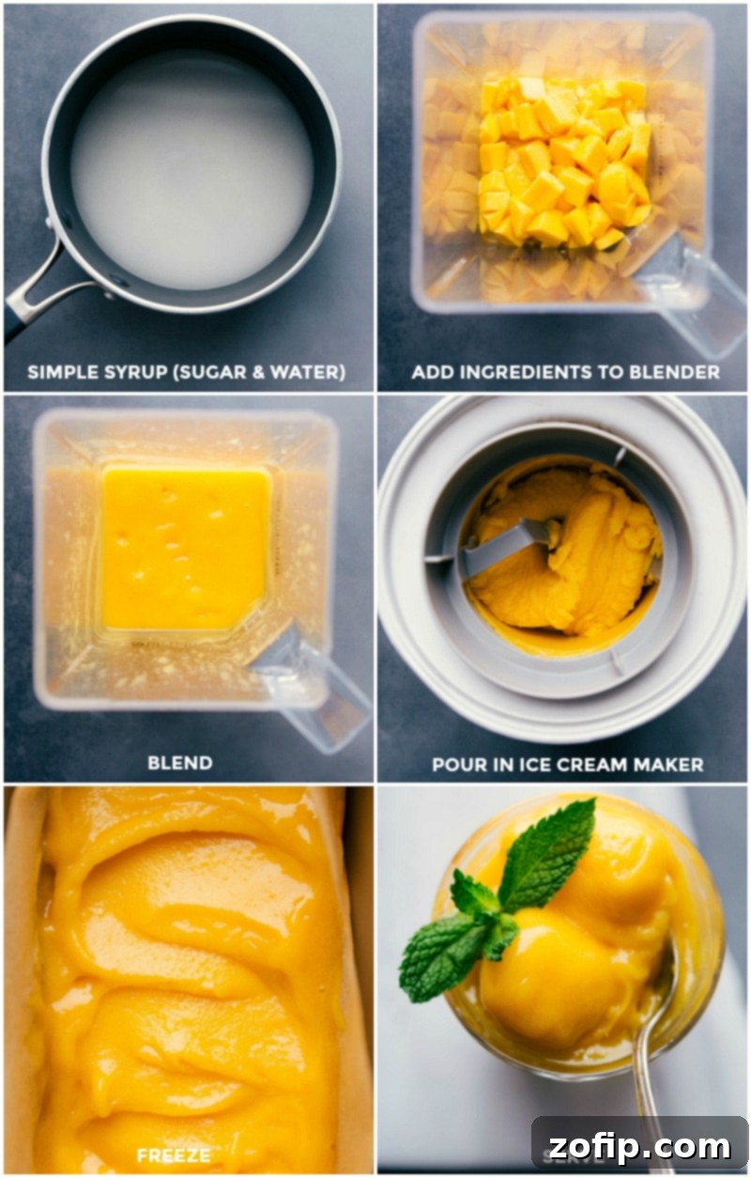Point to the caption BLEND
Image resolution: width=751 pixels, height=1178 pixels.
pyautogui.click(x=179, y=763)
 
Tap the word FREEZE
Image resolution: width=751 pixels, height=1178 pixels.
pyautogui.click(x=174, y=1154)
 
